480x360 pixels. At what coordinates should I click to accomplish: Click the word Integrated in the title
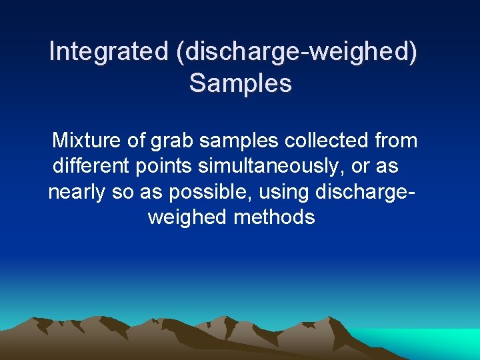[x=109, y=51]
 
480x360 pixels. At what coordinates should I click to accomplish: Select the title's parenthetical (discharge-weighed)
[x=297, y=51]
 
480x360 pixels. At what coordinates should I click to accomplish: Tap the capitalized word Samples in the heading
[x=240, y=83]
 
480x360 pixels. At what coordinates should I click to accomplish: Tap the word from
[x=397, y=141]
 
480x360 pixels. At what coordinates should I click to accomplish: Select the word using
[x=287, y=193]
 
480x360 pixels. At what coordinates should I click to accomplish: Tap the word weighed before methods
[x=187, y=218]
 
